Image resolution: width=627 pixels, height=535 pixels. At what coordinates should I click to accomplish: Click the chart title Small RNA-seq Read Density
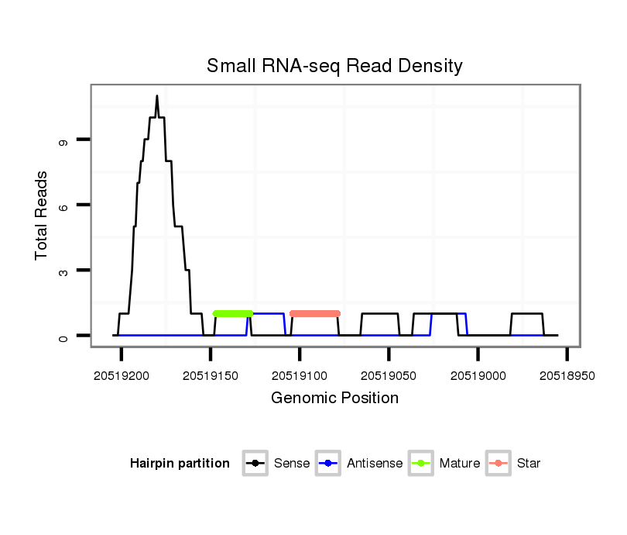[334, 66]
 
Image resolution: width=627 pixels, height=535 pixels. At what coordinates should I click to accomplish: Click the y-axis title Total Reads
[42, 216]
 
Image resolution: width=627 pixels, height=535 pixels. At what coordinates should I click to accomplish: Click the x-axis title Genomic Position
[334, 399]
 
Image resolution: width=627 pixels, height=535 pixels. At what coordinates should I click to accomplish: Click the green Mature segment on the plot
[233, 313]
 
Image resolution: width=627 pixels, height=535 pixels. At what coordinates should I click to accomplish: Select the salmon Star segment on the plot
[315, 313]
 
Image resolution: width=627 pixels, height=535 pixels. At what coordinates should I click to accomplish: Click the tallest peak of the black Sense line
[157, 97]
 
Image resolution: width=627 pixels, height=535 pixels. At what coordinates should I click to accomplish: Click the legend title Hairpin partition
[180, 464]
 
